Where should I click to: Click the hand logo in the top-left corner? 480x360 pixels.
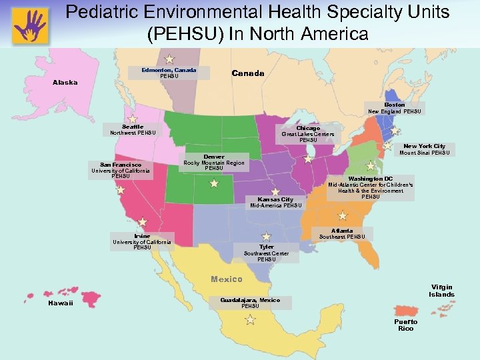tap(30, 25)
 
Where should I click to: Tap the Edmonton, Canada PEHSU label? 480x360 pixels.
tap(169, 73)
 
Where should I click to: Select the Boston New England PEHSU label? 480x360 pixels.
tap(395, 108)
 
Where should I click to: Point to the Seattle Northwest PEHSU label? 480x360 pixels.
tap(133, 129)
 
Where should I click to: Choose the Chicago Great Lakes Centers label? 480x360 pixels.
tap(308, 133)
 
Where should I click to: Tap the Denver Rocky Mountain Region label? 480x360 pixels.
tap(214, 162)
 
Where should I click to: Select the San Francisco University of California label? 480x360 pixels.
tap(121, 170)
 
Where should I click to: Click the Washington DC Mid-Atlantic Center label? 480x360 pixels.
tap(370, 188)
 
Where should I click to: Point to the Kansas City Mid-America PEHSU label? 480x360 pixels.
tap(275, 202)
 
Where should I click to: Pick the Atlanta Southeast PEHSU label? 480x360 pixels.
tap(342, 233)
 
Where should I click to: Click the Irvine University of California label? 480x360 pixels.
tap(142, 241)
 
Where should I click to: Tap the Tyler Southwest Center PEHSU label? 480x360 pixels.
tap(266, 252)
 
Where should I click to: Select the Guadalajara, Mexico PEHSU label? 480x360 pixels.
tap(250, 303)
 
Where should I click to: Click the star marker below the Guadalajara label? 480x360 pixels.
tap(250, 320)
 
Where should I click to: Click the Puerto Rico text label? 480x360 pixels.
tap(405, 325)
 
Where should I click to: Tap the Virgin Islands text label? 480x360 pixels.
tap(441, 290)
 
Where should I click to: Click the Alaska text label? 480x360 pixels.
tap(65, 83)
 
